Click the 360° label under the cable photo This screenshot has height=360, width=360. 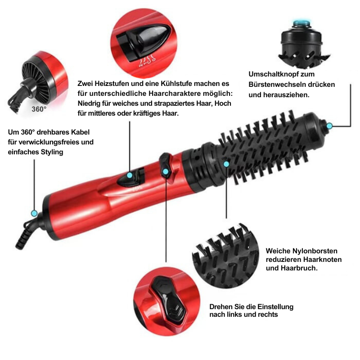pyautogui.click(x=39, y=109)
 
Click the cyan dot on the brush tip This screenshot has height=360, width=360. pyautogui.click(x=329, y=125)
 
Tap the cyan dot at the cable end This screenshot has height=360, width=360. pyautogui.click(x=34, y=213)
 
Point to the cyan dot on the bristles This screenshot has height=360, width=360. pyautogui.click(x=227, y=165)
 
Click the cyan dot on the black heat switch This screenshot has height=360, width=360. pyautogui.click(x=130, y=175)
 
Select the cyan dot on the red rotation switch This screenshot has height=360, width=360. pyautogui.click(x=166, y=171)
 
